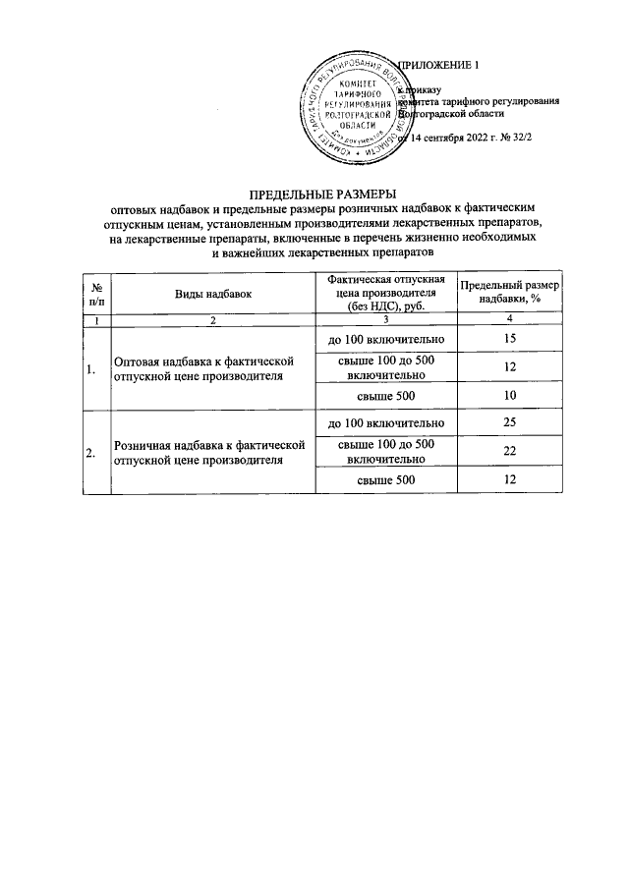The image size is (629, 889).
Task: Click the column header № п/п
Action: tap(97, 293)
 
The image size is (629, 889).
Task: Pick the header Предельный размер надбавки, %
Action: tap(509, 293)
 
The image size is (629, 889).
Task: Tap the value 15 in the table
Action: tap(509, 339)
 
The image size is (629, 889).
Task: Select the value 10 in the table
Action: tap(509, 396)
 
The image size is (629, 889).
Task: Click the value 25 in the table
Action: tap(509, 423)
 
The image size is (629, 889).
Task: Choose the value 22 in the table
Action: tap(509, 451)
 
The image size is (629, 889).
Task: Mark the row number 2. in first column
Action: tap(91, 453)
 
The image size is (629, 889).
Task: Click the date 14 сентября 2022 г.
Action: tap(471, 139)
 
